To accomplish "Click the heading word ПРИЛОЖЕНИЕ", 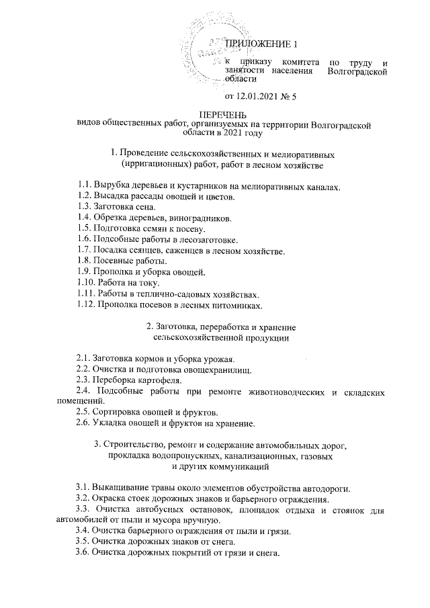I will pos(257,44).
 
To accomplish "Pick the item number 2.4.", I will pos(83,390).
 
